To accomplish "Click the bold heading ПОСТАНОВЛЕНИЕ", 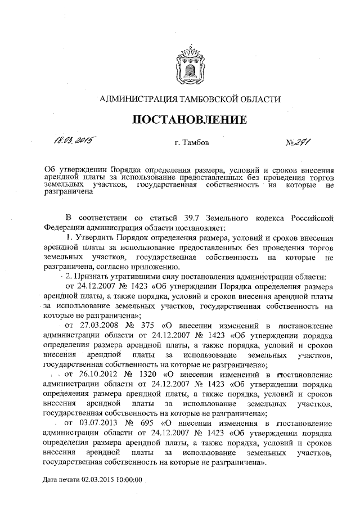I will [x=190, y=119].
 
